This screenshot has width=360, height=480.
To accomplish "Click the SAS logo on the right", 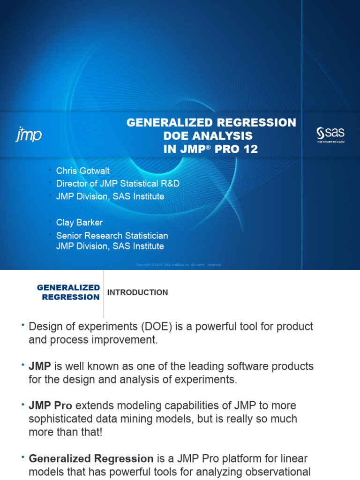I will click(330, 134).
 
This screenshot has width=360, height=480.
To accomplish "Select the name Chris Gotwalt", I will click(83, 171).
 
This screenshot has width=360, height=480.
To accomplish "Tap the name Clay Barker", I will click(79, 223).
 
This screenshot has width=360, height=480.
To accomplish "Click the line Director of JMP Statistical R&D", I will click(118, 184).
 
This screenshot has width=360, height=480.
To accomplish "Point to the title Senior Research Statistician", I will click(112, 236).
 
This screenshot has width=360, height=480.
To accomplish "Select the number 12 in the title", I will click(249, 150).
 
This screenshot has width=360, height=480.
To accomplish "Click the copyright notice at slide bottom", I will click(179, 265).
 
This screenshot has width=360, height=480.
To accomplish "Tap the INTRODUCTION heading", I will click(137, 292).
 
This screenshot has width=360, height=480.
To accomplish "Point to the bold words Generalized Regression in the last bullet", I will click(91, 459).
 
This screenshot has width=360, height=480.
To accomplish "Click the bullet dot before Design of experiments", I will click(22, 325).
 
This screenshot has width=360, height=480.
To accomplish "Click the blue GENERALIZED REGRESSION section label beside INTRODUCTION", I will click(68, 292).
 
